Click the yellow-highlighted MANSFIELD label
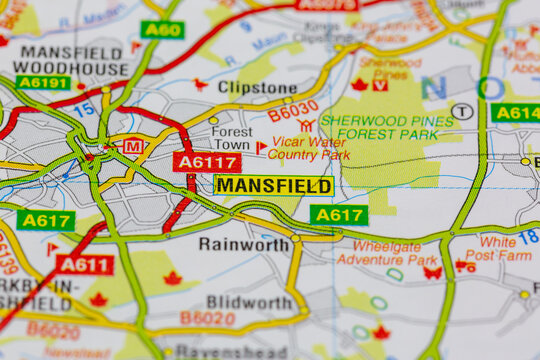tap(273, 185)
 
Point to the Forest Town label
tap(232, 138)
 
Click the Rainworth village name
tap(244, 243)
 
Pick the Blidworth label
tap(249, 302)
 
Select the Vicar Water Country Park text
tap(309, 149)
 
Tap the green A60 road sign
tap(162, 29)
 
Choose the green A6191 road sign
tap(43, 82)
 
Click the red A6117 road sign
tap(207, 161)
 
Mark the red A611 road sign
tap(85, 264)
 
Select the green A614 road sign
tap(516, 112)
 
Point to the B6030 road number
tap(293, 108)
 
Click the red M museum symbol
tap(133, 146)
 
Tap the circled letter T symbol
tap(462, 111)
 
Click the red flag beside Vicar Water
tap(261, 147)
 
